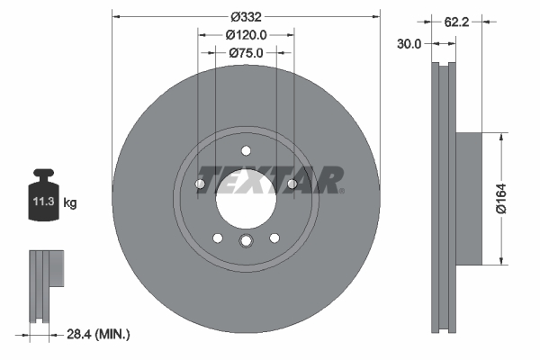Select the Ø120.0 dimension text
(x=246, y=34)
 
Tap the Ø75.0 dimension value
(x=246, y=53)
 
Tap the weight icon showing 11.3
(x=44, y=200)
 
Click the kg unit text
(x=70, y=204)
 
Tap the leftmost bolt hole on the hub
(x=200, y=184)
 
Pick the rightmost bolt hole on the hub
(x=292, y=184)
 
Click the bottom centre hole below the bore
(x=246, y=240)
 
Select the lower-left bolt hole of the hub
(x=217, y=238)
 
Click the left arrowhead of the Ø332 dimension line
(x=115, y=16)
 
